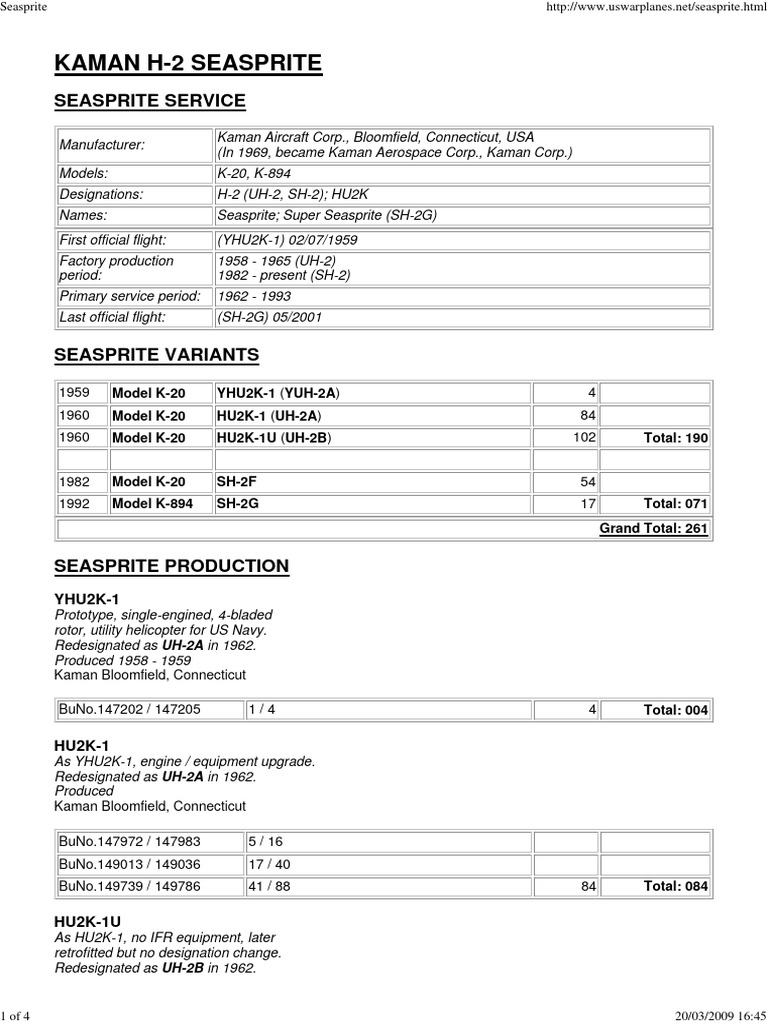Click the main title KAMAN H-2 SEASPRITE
pos(188,64)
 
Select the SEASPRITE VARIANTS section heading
pos(156,354)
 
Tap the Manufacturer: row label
pos(101,145)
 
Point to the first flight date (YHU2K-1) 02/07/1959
pos(287,240)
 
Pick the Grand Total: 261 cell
pos(653,528)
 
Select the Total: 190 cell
pos(673,437)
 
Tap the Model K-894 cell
pos(152,504)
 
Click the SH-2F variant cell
pos(238,481)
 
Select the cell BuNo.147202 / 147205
pos(130,709)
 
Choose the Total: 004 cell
pos(675,710)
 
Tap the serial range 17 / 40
pos(270,863)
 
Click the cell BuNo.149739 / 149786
pos(130,885)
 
